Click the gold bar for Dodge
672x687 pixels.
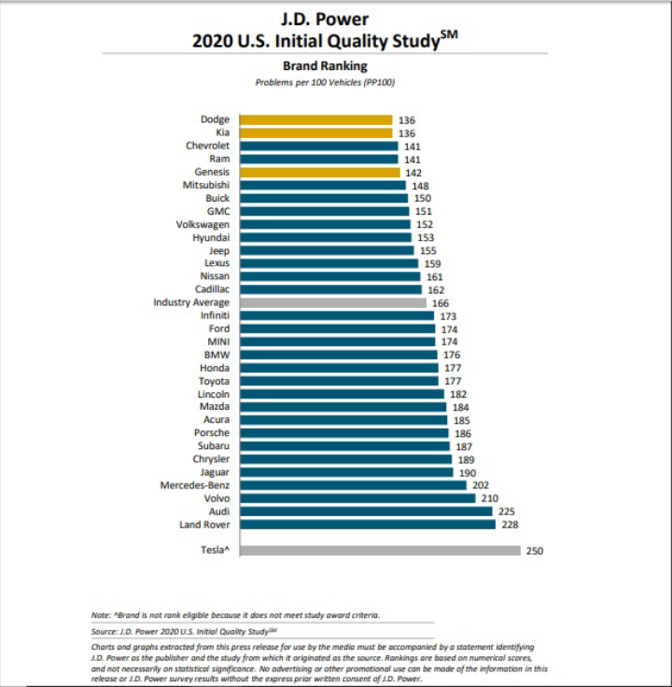315,119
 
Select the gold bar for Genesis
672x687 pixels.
319,172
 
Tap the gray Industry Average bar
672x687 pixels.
332,302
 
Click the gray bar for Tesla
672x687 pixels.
380,551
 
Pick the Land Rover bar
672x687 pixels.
368,525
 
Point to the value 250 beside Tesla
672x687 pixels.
534,551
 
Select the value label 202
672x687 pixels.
480,485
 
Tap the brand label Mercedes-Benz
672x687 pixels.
195,485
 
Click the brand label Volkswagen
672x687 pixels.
203,224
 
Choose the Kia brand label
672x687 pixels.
222,133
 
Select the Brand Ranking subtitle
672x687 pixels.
325,65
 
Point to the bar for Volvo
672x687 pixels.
358,498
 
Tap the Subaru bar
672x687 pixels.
345,446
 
